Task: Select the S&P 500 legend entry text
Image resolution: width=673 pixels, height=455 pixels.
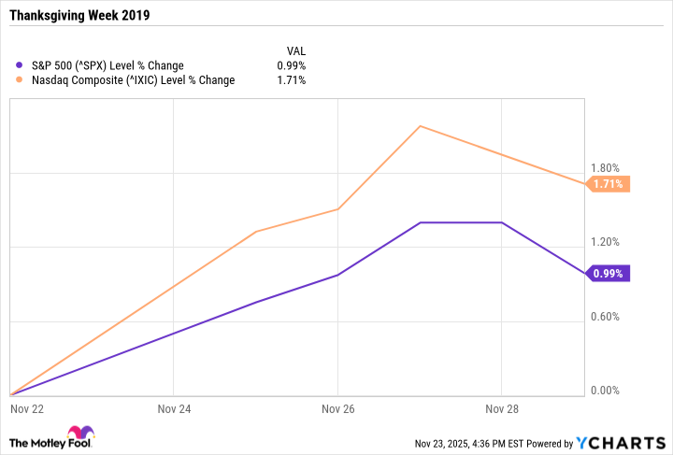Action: click(107, 65)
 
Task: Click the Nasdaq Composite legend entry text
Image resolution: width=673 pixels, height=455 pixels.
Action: click(133, 80)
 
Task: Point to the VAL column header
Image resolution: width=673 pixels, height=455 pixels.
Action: click(295, 50)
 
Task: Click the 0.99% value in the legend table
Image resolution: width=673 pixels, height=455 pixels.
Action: click(293, 65)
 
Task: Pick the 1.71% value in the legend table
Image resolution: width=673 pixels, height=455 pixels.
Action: click(293, 80)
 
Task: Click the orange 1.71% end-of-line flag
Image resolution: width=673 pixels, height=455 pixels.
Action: click(609, 184)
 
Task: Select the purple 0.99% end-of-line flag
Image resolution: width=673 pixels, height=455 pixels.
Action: click(609, 274)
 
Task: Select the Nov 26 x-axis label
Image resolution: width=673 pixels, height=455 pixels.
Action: click(337, 408)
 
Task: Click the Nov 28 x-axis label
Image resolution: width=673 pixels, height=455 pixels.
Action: click(502, 408)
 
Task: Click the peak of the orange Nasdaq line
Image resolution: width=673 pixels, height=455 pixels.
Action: click(420, 125)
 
